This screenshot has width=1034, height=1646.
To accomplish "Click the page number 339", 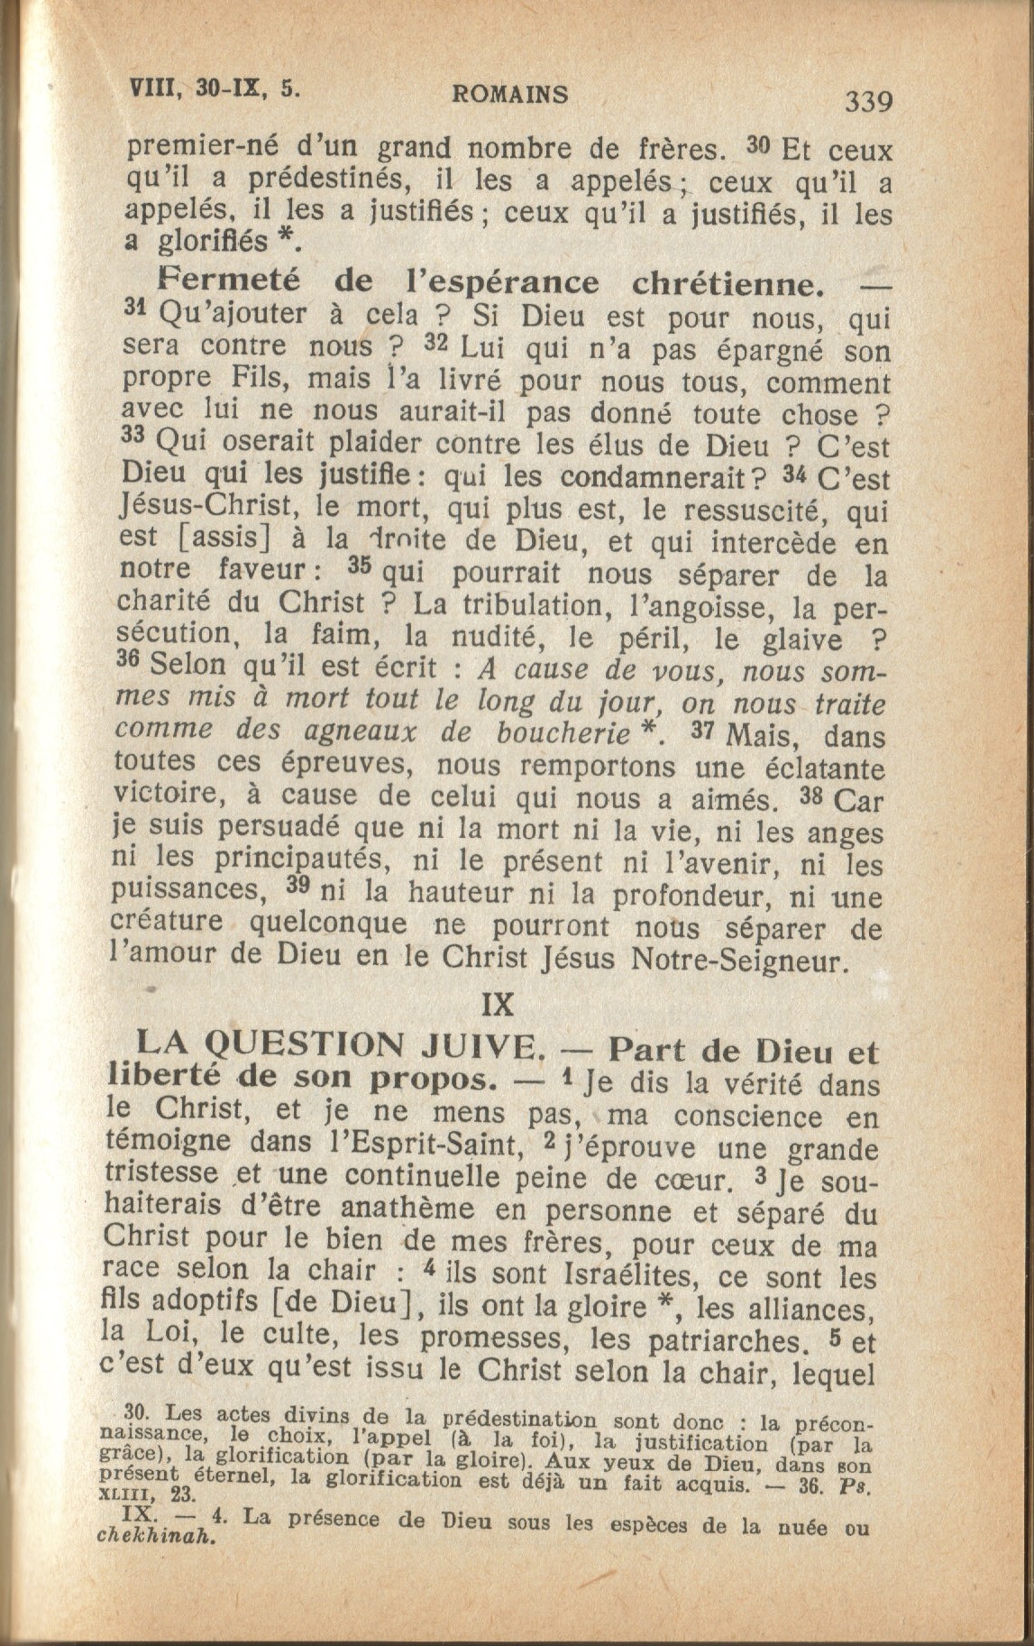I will pos(868,101).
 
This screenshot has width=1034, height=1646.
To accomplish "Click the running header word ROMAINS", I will pos(509,94).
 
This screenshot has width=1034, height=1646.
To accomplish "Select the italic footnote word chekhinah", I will pos(155,1540).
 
